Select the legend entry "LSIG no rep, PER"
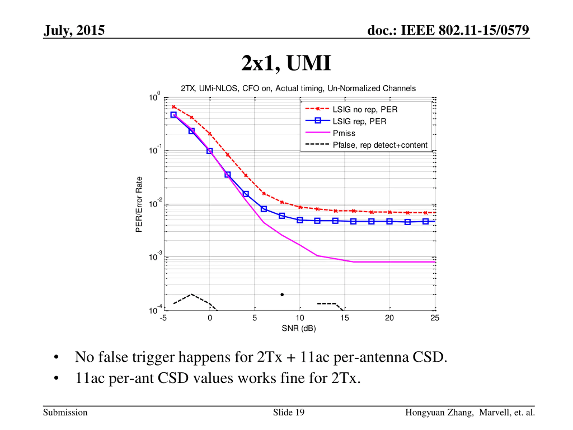(x=365, y=109)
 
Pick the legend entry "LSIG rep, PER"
(x=359, y=121)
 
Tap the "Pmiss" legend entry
(x=344, y=133)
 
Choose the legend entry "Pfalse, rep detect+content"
(x=380, y=145)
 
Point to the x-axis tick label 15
(x=344, y=318)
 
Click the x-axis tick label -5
(x=163, y=318)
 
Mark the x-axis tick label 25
(x=435, y=318)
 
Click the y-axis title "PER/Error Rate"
(x=139, y=204)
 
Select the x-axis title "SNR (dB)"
(x=299, y=328)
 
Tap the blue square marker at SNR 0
(x=210, y=151)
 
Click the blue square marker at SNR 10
(x=300, y=220)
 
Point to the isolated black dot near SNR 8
(x=282, y=295)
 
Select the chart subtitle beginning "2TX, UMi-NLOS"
(x=298, y=89)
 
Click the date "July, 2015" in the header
(x=74, y=30)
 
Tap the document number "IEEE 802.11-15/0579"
(x=465, y=30)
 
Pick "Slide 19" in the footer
(x=289, y=412)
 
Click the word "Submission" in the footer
(x=65, y=412)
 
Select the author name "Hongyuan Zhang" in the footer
(x=439, y=412)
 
